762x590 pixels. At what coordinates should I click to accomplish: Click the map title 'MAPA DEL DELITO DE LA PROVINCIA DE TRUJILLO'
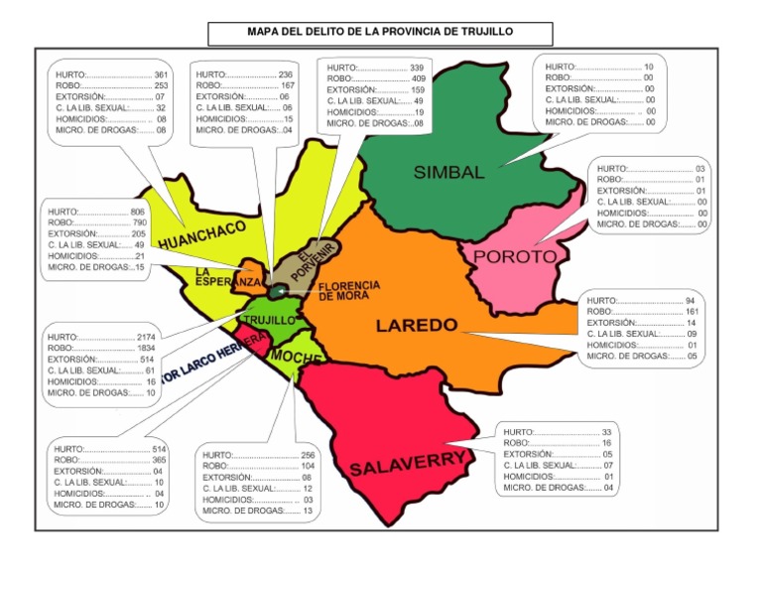click(x=381, y=34)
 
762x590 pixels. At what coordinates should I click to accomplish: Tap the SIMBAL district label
click(x=449, y=172)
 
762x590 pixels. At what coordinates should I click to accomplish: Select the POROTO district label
click(x=515, y=256)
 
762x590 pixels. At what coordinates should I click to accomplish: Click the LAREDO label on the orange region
click(x=416, y=325)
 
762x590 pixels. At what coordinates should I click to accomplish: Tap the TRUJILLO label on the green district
click(x=269, y=321)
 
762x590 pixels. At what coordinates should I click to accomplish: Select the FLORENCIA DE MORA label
click(x=348, y=290)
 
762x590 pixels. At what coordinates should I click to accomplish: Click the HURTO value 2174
click(x=145, y=338)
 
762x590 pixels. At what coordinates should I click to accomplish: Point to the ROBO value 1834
click(x=145, y=349)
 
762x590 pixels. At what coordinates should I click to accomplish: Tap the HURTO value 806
click(x=137, y=213)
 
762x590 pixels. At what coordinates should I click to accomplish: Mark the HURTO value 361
click(x=161, y=75)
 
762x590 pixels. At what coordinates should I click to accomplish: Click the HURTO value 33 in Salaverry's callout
click(x=606, y=432)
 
